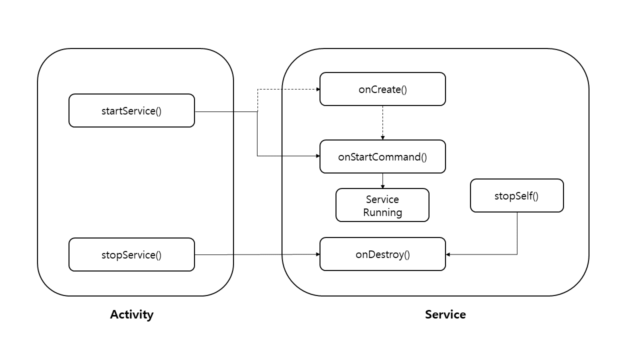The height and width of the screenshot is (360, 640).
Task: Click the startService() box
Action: click(x=131, y=110)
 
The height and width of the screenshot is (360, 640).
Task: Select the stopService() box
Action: click(x=131, y=254)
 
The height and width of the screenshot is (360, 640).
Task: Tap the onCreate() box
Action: click(x=382, y=89)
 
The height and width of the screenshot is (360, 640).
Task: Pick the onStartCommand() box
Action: click(x=382, y=156)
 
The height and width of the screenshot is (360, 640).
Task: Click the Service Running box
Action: click(x=382, y=205)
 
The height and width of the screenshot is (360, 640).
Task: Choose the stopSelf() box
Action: click(x=517, y=195)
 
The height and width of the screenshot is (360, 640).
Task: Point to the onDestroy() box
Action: click(x=382, y=254)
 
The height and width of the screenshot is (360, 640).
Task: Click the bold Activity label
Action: click(x=131, y=314)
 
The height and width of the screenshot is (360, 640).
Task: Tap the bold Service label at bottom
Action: click(x=445, y=314)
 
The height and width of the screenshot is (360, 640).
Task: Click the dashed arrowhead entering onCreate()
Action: click(x=318, y=89)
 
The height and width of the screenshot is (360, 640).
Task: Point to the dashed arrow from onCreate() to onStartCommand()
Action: click(x=382, y=123)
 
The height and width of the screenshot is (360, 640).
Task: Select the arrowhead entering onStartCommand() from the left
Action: click(x=317, y=156)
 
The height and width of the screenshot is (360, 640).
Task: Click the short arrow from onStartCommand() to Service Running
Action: click(x=382, y=181)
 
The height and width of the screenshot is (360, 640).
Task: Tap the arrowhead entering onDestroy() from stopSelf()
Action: click(x=447, y=254)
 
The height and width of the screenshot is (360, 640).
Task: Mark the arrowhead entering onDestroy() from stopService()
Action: click(x=317, y=254)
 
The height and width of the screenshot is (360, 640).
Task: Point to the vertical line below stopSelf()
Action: click(x=517, y=233)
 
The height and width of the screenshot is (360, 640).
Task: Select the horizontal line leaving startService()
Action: click(x=226, y=111)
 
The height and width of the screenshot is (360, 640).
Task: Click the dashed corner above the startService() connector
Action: click(x=257, y=89)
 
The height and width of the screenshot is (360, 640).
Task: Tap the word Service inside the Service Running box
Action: click(x=382, y=199)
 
